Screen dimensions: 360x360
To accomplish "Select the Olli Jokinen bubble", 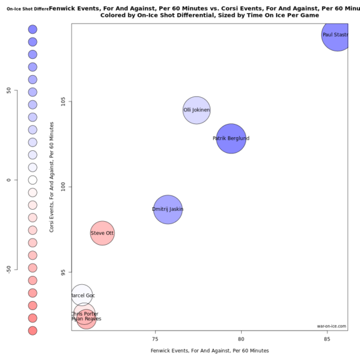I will [x=197, y=110].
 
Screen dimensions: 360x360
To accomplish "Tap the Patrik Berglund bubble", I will [x=231, y=138].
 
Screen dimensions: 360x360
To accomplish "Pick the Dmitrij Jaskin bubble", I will [x=168, y=209].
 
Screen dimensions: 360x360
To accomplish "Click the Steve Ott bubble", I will [x=102, y=234].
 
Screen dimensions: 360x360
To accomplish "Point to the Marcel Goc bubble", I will [x=81, y=295].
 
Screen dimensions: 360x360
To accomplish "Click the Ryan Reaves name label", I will [x=86, y=319].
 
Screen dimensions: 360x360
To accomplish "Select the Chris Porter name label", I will [x=84, y=314].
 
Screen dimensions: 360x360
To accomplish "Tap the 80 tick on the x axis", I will [x=241, y=337].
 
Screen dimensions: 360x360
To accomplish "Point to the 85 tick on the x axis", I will [x=327, y=337].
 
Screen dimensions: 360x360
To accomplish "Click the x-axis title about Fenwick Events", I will [x=209, y=351].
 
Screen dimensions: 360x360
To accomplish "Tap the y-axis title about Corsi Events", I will [x=53, y=177].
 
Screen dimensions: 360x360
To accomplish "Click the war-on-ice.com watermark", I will [x=331, y=326].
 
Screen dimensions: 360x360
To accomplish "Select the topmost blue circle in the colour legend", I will [x=33, y=29].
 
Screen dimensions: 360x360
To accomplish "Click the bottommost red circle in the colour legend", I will [x=33, y=331].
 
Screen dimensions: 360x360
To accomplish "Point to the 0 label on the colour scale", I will [x=9, y=180].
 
